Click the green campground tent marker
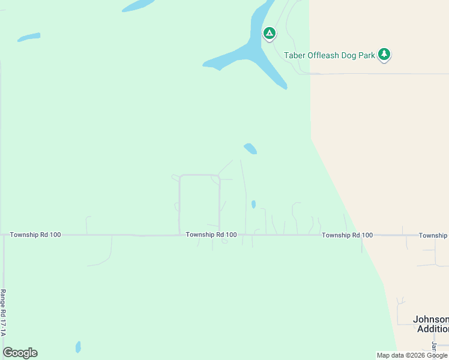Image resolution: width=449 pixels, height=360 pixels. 270,33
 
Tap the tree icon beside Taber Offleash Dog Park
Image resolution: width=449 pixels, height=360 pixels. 384,55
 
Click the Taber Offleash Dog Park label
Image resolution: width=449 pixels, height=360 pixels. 330,55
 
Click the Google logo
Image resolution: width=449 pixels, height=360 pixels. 20,353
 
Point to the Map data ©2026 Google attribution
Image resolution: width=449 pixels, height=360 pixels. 412,355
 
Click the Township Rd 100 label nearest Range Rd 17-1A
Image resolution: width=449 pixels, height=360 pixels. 35,235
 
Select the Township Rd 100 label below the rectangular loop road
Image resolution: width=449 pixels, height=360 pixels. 211,235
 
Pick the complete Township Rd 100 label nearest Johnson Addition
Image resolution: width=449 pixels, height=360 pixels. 347,235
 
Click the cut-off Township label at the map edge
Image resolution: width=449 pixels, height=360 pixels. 433,235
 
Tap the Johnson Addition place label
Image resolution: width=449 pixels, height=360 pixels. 431,324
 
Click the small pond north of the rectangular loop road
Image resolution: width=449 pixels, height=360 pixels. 250,148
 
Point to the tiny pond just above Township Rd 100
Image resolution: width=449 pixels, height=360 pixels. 253,204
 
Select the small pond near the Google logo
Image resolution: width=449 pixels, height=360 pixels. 78,347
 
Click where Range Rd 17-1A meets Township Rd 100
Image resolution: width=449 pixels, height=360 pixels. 4,235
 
